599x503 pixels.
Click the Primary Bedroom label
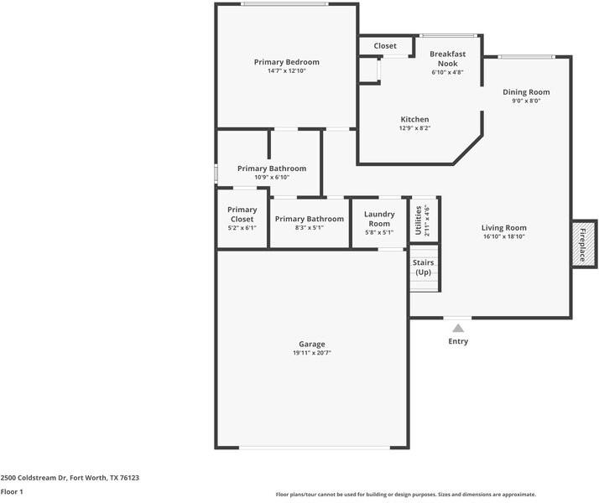(287, 62)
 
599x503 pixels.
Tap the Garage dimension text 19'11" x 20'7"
(311, 354)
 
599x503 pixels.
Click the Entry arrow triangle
(458, 329)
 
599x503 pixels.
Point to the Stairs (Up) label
(424, 267)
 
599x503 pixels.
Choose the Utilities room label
(419, 220)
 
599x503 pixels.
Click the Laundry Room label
(379, 219)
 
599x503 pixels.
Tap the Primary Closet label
(242, 215)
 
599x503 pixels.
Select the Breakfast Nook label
(447, 58)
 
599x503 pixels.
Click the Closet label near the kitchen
(385, 46)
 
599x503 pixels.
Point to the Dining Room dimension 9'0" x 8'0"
(526, 101)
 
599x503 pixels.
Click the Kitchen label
(414, 119)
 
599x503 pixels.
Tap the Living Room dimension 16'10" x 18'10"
(503, 237)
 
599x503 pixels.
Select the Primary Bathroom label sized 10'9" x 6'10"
(271, 169)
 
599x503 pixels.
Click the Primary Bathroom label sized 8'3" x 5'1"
(309, 219)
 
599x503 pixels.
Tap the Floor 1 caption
(12, 491)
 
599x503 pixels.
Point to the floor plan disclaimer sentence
(406, 495)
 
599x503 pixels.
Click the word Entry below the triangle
(458, 341)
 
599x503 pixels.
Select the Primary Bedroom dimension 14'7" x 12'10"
(287, 71)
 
